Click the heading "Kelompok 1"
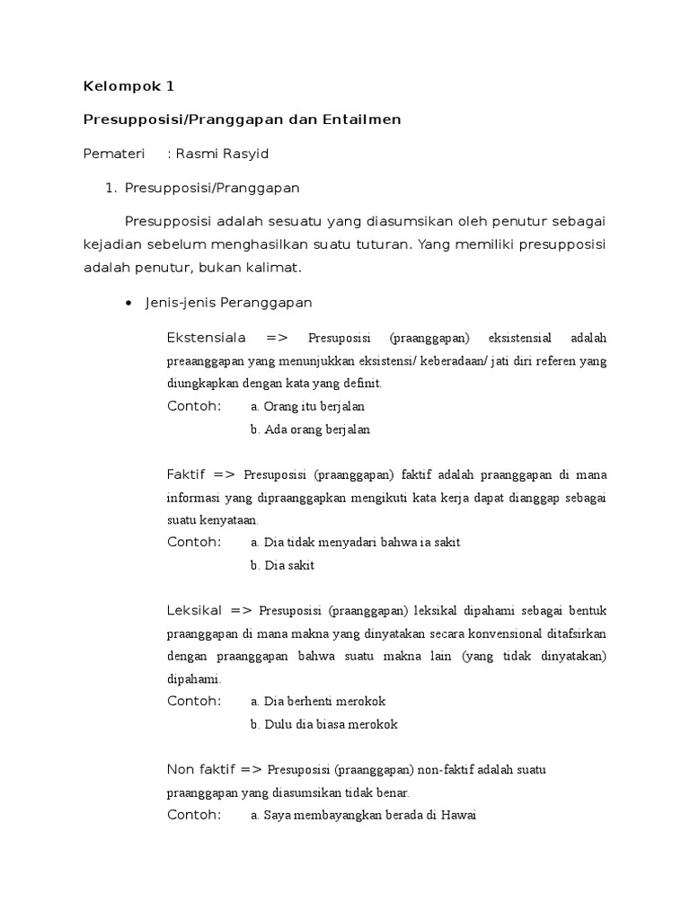click(128, 87)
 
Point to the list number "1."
click(111, 188)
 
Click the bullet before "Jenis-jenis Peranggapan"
click(128, 304)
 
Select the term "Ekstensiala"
click(207, 338)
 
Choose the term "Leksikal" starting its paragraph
click(193, 610)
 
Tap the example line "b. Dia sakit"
click(283, 565)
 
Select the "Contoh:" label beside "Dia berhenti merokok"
click(193, 701)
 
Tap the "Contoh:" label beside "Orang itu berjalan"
click(193, 406)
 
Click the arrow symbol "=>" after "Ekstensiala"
click(277, 338)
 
